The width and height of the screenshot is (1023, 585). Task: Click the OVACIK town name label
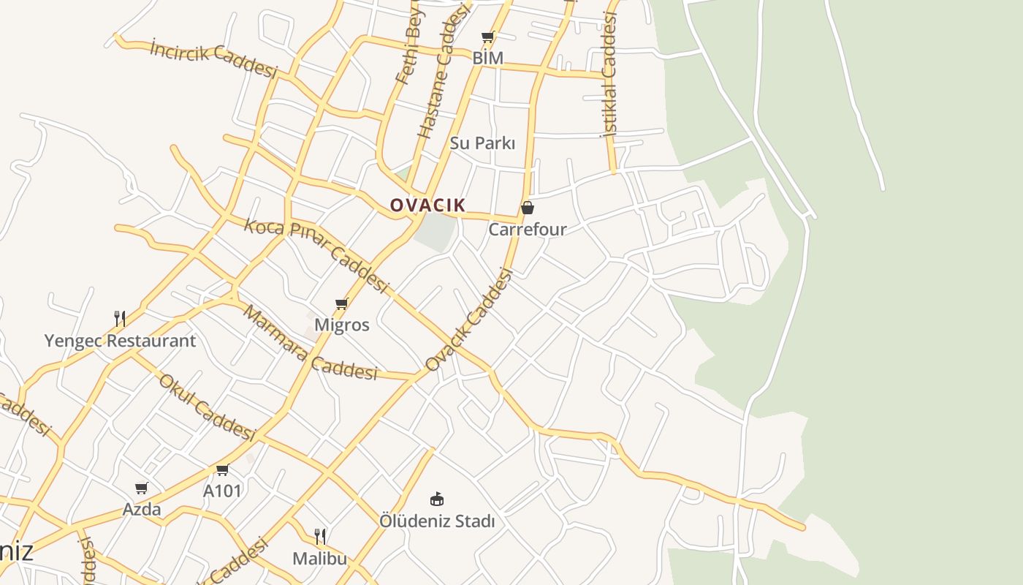[427, 205]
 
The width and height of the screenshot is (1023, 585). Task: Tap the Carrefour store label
[527, 230]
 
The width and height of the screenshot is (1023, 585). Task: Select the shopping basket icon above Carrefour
[527, 208]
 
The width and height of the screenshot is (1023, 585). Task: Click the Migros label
[341, 325]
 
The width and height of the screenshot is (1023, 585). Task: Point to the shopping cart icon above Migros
[341, 303]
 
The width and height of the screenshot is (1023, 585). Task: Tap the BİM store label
[488, 58]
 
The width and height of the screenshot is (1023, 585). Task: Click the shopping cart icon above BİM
[487, 37]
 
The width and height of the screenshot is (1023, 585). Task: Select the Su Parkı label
[482, 143]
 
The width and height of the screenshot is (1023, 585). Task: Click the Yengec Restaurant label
[120, 341]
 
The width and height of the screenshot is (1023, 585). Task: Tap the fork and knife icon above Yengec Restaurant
[120, 318]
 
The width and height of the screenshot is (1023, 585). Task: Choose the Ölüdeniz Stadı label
[437, 521]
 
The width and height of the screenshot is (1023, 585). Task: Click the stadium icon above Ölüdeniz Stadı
[437, 499]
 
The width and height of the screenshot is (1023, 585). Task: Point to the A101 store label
[222, 491]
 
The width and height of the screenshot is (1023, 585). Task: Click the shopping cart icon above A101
[222, 469]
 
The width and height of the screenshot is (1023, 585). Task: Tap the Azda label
[142, 509]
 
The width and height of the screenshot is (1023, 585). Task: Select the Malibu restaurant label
[319, 559]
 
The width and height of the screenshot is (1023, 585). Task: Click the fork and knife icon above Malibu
[319, 537]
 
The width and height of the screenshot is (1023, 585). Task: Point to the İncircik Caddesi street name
[213, 58]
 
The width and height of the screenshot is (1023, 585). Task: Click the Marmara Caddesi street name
[310, 343]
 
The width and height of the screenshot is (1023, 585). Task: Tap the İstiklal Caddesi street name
[609, 75]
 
